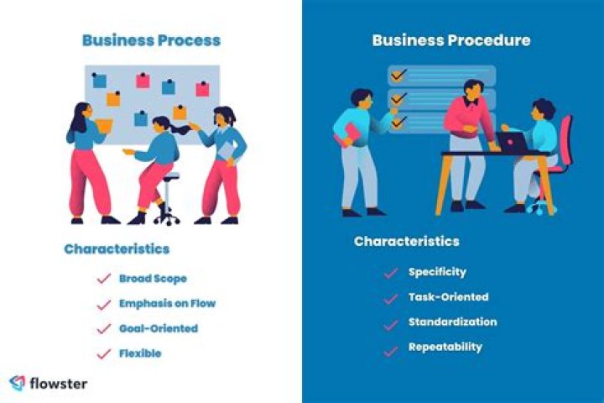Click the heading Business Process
pyautogui.click(x=151, y=40)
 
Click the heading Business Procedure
pyautogui.click(x=451, y=40)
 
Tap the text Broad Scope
pyautogui.click(x=153, y=279)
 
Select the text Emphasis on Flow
pyautogui.click(x=167, y=303)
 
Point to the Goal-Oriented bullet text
pyautogui.click(x=159, y=328)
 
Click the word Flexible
pyautogui.click(x=140, y=353)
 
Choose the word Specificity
pyautogui.click(x=437, y=272)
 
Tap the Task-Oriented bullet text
pyautogui.click(x=448, y=297)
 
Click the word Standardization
pyautogui.click(x=453, y=322)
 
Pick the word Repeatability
pyautogui.click(x=445, y=347)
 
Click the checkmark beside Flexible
pyautogui.click(x=104, y=353)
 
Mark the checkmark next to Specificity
pyautogui.click(x=391, y=273)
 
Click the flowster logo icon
pyautogui.click(x=18, y=384)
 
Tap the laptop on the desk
pyautogui.click(x=512, y=143)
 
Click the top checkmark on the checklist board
pyautogui.click(x=398, y=75)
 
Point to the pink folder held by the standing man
pyautogui.click(x=348, y=134)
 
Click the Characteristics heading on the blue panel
pyautogui.click(x=406, y=242)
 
